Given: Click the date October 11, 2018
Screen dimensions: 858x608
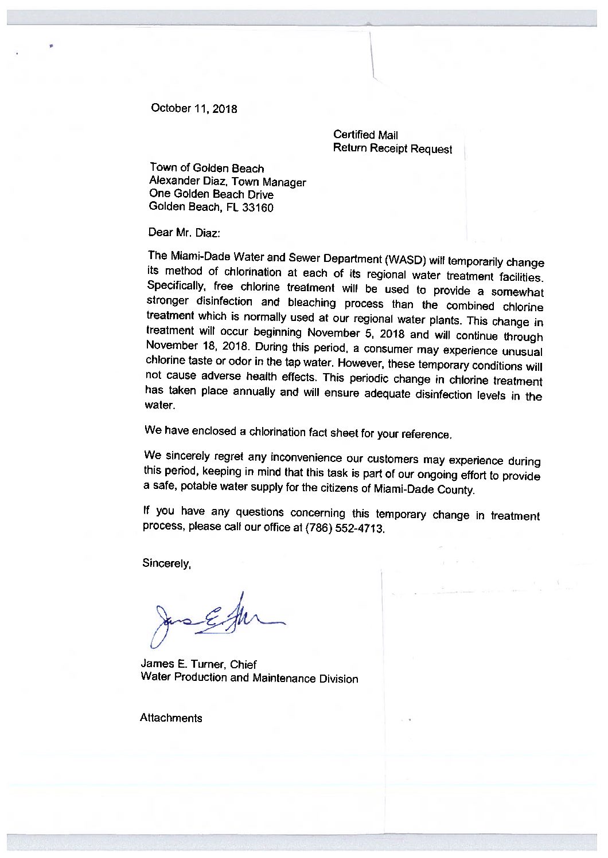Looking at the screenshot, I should point(193,108).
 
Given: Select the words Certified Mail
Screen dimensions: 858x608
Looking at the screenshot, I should point(365,135).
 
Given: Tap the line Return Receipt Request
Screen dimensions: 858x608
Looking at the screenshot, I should point(392,149).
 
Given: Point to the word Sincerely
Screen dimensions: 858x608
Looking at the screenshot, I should point(166,563).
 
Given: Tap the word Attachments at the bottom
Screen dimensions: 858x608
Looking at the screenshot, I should point(171,718).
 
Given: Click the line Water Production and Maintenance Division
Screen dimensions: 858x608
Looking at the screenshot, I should point(250,678).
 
